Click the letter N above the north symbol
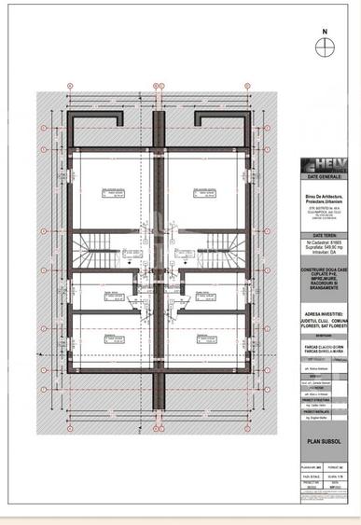tap(326, 31)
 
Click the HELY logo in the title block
tap(326, 167)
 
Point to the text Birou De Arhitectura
tap(325, 194)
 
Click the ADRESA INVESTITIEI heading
tap(325, 314)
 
